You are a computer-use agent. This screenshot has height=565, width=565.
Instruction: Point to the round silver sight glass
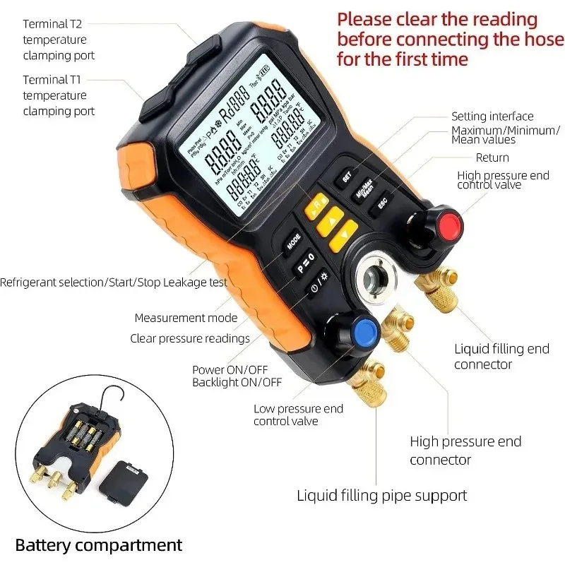point(379,280)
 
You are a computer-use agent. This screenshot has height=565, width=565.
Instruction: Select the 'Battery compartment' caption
point(99,545)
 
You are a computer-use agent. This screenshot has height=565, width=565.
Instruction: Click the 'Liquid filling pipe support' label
point(381,496)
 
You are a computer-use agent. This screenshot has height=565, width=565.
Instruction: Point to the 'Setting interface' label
point(492,117)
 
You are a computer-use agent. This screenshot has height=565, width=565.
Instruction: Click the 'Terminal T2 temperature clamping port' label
point(59,40)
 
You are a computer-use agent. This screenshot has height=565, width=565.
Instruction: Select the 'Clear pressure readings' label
point(190,338)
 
